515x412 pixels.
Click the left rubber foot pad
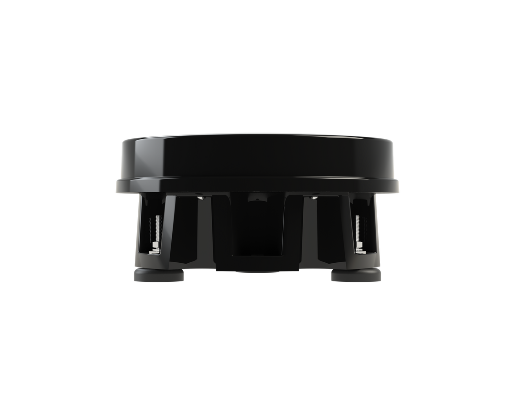(x=159, y=275)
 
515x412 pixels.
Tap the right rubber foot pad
(x=356, y=275)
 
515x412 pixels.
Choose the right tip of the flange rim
(x=399, y=186)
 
